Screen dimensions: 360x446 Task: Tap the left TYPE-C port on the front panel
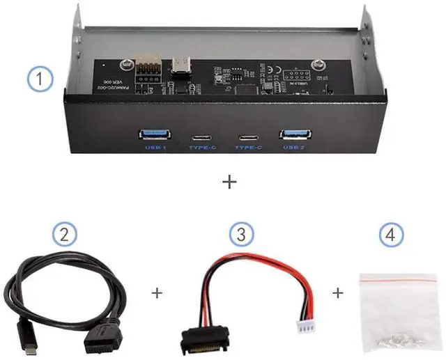(203, 136)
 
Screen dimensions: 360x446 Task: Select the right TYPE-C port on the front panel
(247, 136)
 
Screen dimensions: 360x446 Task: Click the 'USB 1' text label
(155, 148)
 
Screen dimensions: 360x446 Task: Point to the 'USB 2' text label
(293, 148)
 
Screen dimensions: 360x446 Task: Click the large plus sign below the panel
(228, 182)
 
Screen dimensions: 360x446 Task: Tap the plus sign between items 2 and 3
(157, 293)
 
